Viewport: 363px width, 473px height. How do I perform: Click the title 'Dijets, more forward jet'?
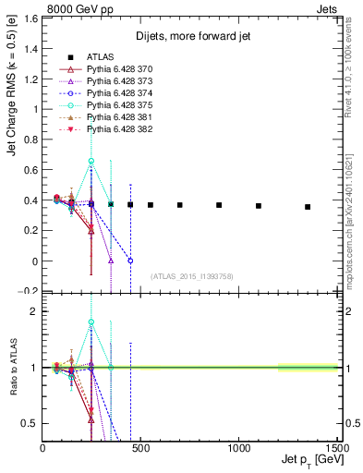[191, 37]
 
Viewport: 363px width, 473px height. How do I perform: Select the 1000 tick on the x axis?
[238, 449]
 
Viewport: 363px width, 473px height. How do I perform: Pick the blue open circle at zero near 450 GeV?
[130, 261]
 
